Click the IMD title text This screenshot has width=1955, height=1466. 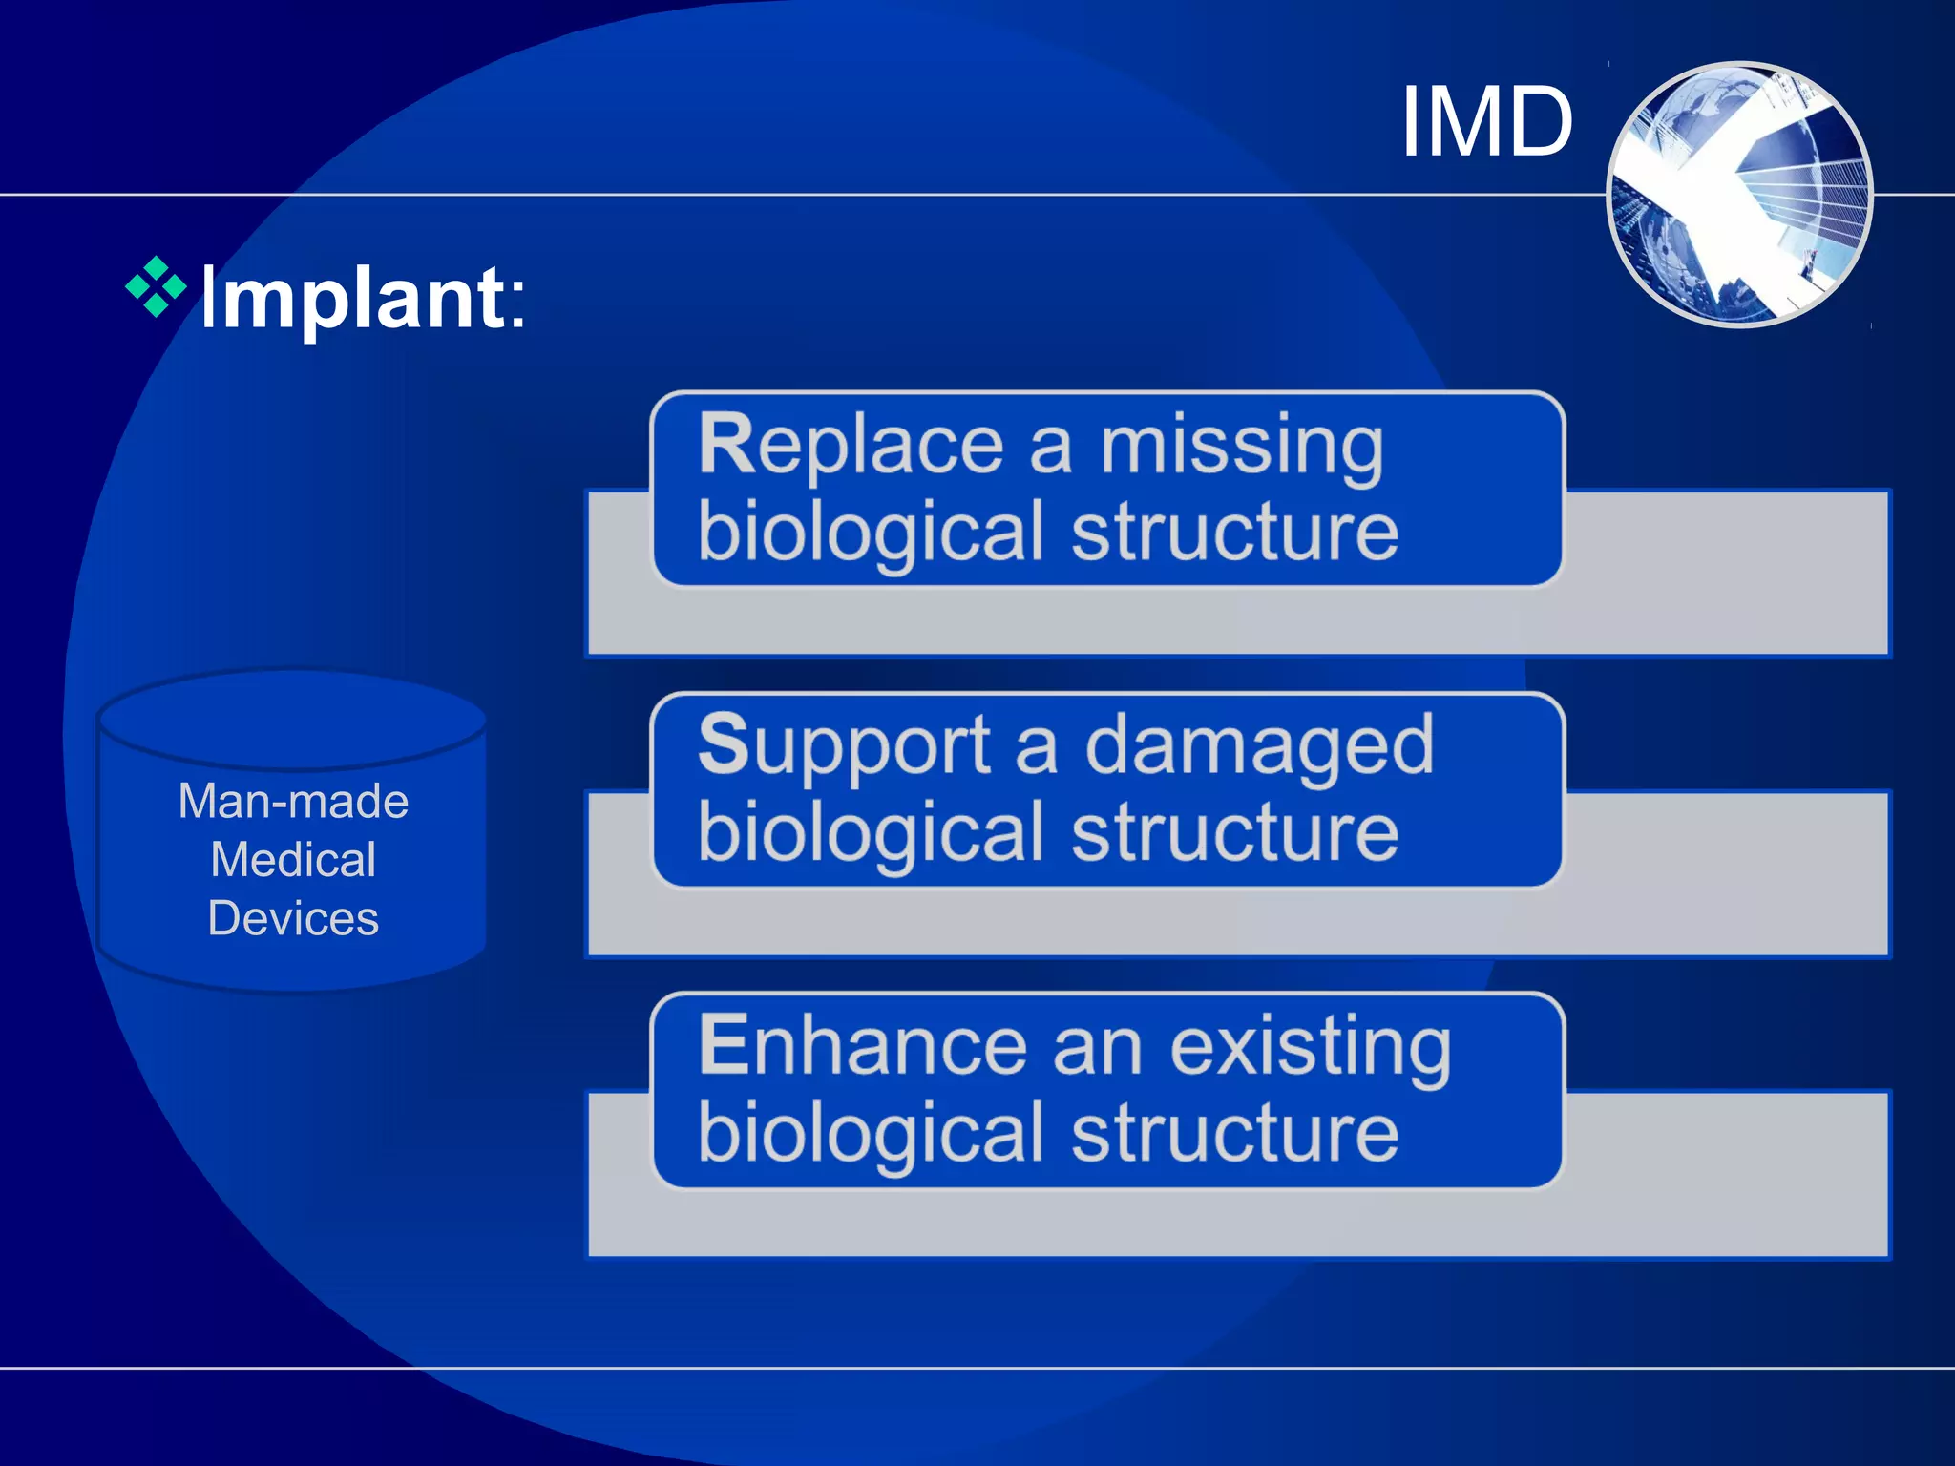[x=1486, y=122]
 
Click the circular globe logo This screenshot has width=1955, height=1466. [x=1739, y=195]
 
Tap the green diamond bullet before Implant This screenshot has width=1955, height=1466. [x=156, y=285]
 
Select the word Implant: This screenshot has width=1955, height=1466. [x=363, y=299]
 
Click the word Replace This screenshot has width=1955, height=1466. [x=851, y=446]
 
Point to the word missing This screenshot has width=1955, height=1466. [x=1241, y=446]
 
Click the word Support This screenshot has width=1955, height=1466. [x=845, y=746]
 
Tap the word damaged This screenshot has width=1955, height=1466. [x=1259, y=746]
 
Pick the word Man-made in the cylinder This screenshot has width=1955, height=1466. [x=293, y=801]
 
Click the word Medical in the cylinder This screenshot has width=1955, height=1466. [x=293, y=860]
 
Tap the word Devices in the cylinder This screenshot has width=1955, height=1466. [x=293, y=918]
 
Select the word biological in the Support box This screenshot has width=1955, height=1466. [x=871, y=832]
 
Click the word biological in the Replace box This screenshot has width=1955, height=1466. [x=871, y=532]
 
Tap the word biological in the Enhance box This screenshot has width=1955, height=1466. [x=871, y=1133]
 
